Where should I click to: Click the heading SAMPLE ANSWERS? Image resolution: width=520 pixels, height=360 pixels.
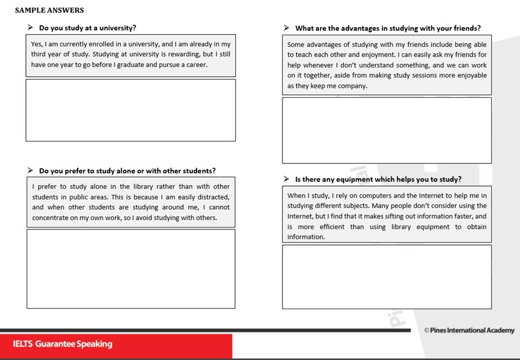[49, 10]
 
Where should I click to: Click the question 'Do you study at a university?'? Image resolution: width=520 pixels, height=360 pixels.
[87, 28]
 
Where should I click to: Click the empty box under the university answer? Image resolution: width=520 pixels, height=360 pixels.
[131, 110]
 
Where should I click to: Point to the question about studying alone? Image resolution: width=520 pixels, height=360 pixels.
[127, 171]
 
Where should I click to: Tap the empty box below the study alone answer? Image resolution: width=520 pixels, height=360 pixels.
[131, 269]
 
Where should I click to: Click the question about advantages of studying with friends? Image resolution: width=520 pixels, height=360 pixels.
[388, 28]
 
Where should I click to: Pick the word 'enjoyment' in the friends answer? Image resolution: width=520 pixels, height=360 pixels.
[378, 55]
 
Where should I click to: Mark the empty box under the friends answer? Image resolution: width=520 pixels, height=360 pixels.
[387, 130]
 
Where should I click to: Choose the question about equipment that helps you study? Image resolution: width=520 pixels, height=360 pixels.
[378, 180]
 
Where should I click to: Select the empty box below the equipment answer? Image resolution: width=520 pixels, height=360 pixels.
[387, 277]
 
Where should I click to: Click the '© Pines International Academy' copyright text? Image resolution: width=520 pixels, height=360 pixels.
[469, 331]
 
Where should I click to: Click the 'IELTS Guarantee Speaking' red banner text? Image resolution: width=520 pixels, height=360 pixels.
[62, 344]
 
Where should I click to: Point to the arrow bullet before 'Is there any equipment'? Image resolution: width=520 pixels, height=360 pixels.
[287, 179]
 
